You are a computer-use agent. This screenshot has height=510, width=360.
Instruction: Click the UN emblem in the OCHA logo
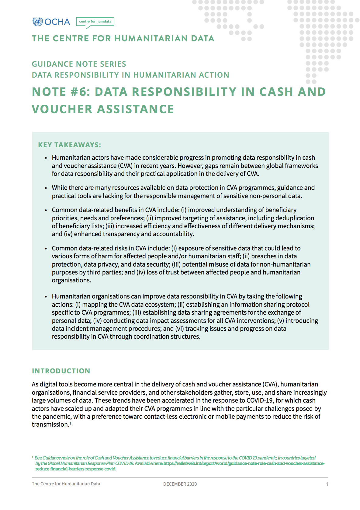pos(38,22)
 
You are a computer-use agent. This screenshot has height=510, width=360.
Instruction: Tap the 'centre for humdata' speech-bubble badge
pos(95,22)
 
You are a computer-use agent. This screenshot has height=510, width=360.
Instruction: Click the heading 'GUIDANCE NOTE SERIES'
pos(79,64)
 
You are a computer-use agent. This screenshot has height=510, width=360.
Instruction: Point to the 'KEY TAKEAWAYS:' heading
pos(70,145)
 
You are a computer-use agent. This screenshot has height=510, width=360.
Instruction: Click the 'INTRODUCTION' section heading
pos(61,371)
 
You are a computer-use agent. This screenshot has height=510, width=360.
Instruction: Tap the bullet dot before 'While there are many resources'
pos(46,188)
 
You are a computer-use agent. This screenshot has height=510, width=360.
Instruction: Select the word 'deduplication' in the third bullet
pos(295,218)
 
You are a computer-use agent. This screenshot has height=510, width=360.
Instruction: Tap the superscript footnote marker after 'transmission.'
pos(70,423)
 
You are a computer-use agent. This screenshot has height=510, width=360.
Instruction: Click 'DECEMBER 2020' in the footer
pos(180,484)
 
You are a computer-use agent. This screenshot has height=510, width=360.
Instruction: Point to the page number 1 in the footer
pos(327,484)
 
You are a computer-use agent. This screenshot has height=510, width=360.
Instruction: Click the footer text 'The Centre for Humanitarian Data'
pos(66,484)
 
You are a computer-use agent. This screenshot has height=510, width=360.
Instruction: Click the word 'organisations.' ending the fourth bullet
pos(71,280)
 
